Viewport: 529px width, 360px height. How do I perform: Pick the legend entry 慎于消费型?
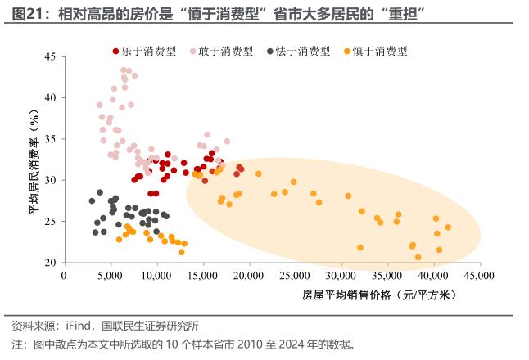(379, 51)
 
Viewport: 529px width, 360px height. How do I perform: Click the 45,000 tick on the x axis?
(479, 276)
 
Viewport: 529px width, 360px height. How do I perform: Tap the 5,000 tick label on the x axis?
(110, 276)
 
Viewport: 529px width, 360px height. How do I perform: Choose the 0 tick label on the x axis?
(64, 276)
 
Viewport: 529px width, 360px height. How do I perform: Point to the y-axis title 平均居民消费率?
(34, 160)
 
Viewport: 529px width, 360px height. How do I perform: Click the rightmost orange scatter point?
(448, 227)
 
